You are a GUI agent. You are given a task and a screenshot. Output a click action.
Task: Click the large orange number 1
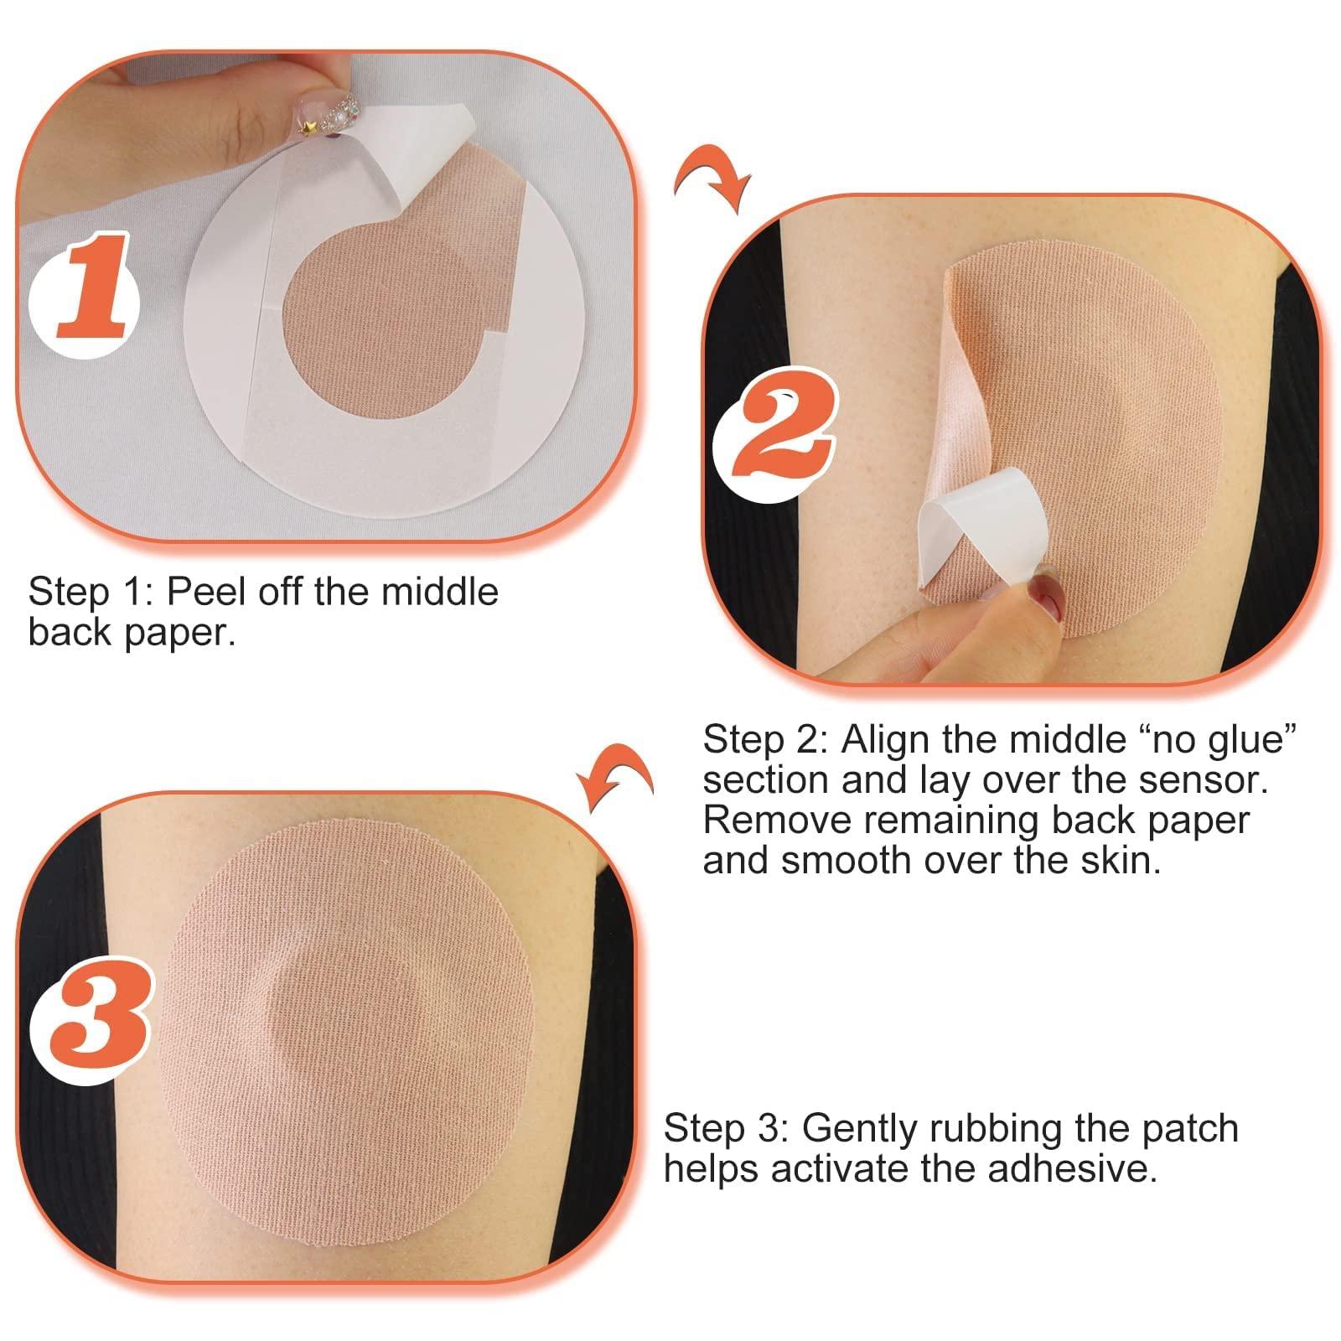[95, 287]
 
